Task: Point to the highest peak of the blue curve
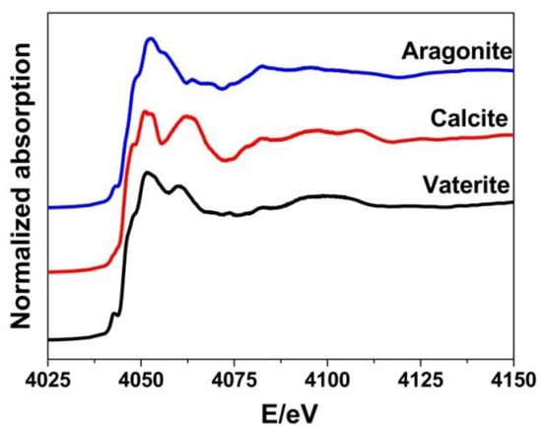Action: tap(151, 38)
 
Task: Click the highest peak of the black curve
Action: tap(147, 173)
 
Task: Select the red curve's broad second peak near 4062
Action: tap(187, 117)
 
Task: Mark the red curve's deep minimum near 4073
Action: tap(227, 159)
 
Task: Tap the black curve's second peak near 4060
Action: tap(178, 185)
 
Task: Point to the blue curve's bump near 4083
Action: tap(263, 66)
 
